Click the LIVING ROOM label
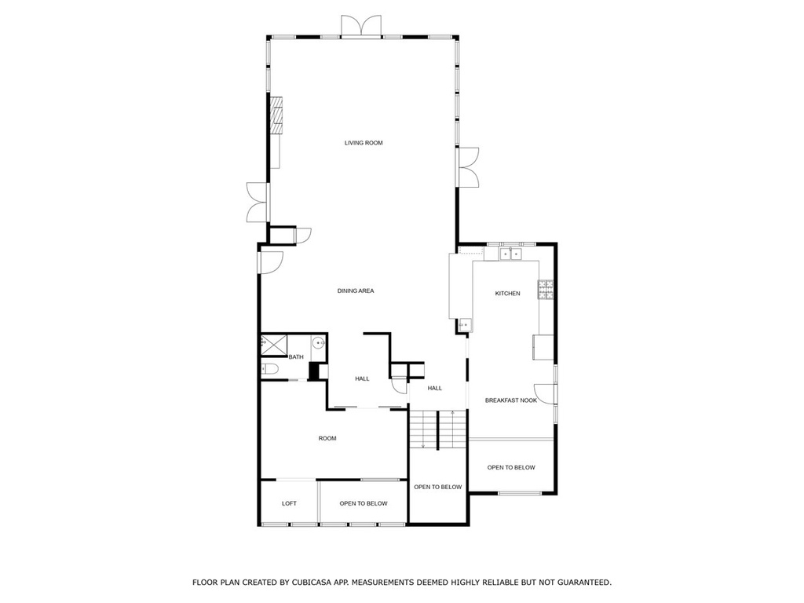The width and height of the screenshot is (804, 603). pos(364,143)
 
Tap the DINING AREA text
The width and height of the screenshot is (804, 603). pos(356,291)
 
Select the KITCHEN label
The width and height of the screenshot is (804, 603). pos(508,294)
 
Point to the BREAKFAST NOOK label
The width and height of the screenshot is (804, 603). pos(511,400)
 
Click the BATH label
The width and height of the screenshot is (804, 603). pos(296,357)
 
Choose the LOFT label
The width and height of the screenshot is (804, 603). pos(289,503)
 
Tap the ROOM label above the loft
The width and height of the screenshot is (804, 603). pos(327,438)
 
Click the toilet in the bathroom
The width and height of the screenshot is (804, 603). pos(270,369)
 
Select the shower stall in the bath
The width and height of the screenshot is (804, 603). pos(274,345)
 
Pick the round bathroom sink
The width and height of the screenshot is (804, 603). pos(318,342)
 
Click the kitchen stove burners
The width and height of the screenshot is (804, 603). pos(546,289)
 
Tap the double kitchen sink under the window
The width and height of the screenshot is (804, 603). pos(510,254)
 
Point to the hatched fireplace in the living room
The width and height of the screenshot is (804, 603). pos(277,116)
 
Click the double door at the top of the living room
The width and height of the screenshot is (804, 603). pos(361,26)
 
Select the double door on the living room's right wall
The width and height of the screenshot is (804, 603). pos(468,167)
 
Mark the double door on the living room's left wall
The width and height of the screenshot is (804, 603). pos(257,202)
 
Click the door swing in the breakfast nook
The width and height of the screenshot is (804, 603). pos(545,393)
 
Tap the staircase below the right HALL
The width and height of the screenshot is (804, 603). pos(438,429)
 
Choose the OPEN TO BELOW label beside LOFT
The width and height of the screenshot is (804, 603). pos(364,503)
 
